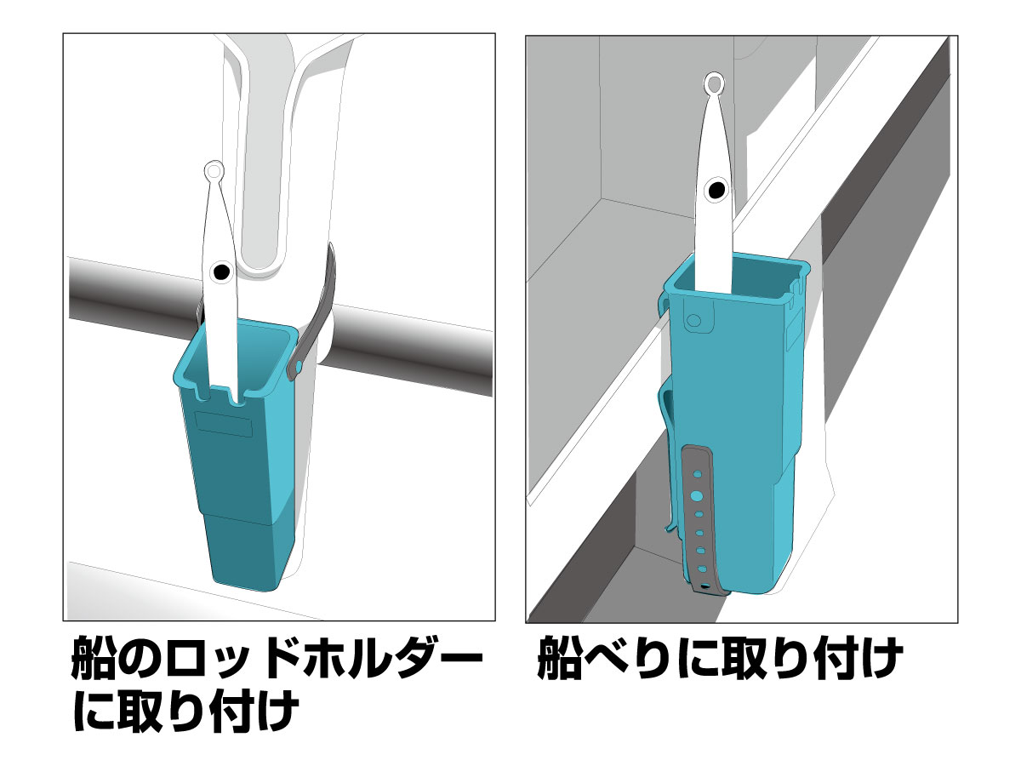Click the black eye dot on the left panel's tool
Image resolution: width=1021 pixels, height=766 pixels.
[221, 272]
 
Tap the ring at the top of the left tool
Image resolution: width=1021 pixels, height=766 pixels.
[214, 171]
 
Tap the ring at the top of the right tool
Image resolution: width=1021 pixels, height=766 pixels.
[714, 83]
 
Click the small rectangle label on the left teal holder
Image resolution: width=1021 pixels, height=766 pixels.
[224, 424]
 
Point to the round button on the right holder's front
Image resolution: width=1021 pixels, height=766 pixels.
[694, 321]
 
